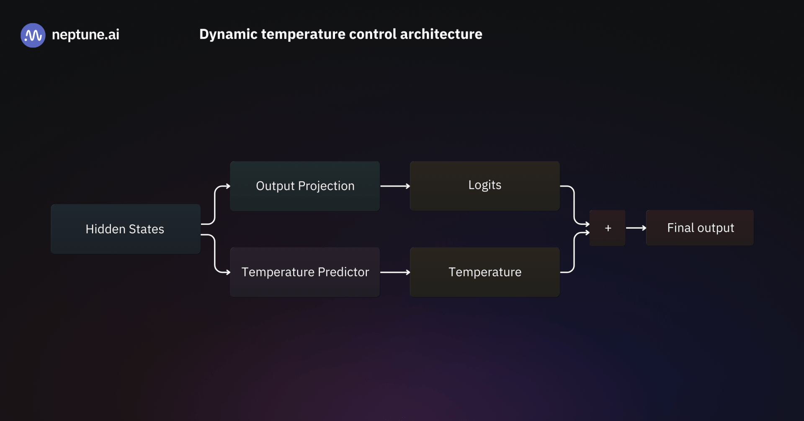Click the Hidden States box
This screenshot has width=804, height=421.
click(x=125, y=229)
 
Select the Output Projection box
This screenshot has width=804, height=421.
click(x=305, y=186)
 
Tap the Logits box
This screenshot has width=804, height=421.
click(x=484, y=186)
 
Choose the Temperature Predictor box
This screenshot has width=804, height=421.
click(x=305, y=272)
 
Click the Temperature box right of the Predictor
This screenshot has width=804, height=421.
click(x=484, y=272)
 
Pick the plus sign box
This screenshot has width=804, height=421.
click(x=608, y=228)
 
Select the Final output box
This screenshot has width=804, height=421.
click(x=700, y=228)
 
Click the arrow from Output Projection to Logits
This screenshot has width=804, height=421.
click(x=395, y=186)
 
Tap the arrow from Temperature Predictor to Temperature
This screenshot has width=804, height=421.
click(x=395, y=272)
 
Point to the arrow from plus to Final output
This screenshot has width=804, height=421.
click(x=636, y=228)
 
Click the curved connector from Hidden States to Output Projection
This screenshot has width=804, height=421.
click(x=215, y=205)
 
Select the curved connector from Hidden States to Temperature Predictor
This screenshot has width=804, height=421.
click(x=215, y=254)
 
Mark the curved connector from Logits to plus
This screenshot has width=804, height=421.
click(x=574, y=205)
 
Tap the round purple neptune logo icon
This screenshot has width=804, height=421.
click(x=33, y=35)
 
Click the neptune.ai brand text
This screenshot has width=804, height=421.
click(x=85, y=34)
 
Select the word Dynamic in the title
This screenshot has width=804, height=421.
click(x=228, y=34)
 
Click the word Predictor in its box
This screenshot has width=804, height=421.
click(x=343, y=272)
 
